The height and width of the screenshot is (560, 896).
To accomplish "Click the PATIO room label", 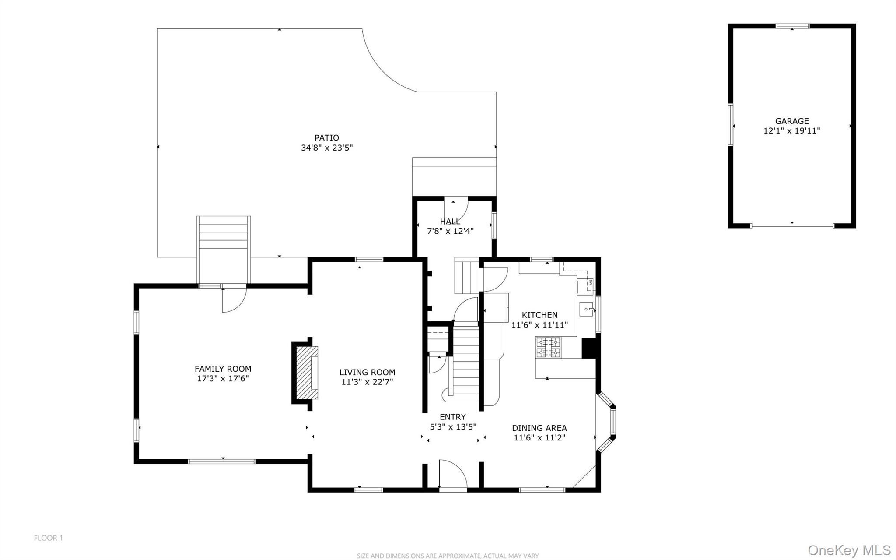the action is [326, 138].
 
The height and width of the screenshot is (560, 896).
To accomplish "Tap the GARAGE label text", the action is [792, 121].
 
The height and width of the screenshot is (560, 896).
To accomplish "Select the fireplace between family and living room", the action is [305, 373].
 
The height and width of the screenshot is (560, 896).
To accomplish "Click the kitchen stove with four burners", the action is [548, 348].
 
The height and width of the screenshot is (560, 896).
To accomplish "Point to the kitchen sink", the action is [586, 309].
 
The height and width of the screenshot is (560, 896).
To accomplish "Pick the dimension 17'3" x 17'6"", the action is [223, 379].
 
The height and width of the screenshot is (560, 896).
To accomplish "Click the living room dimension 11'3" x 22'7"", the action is [367, 382].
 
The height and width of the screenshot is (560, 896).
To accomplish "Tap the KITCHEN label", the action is [539, 315].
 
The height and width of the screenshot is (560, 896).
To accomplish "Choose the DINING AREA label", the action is [539, 428].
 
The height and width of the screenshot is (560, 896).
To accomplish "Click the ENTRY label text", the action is [453, 417].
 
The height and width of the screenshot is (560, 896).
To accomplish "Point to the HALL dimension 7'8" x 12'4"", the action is [450, 231].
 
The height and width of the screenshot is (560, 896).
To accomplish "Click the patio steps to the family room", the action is [224, 250].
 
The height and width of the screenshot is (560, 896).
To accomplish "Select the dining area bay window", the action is [606, 422].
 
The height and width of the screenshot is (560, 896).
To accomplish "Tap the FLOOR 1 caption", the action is [49, 538].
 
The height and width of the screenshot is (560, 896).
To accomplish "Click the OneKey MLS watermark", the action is [849, 549].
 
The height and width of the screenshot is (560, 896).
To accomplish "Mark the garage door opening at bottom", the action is [792, 225].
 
